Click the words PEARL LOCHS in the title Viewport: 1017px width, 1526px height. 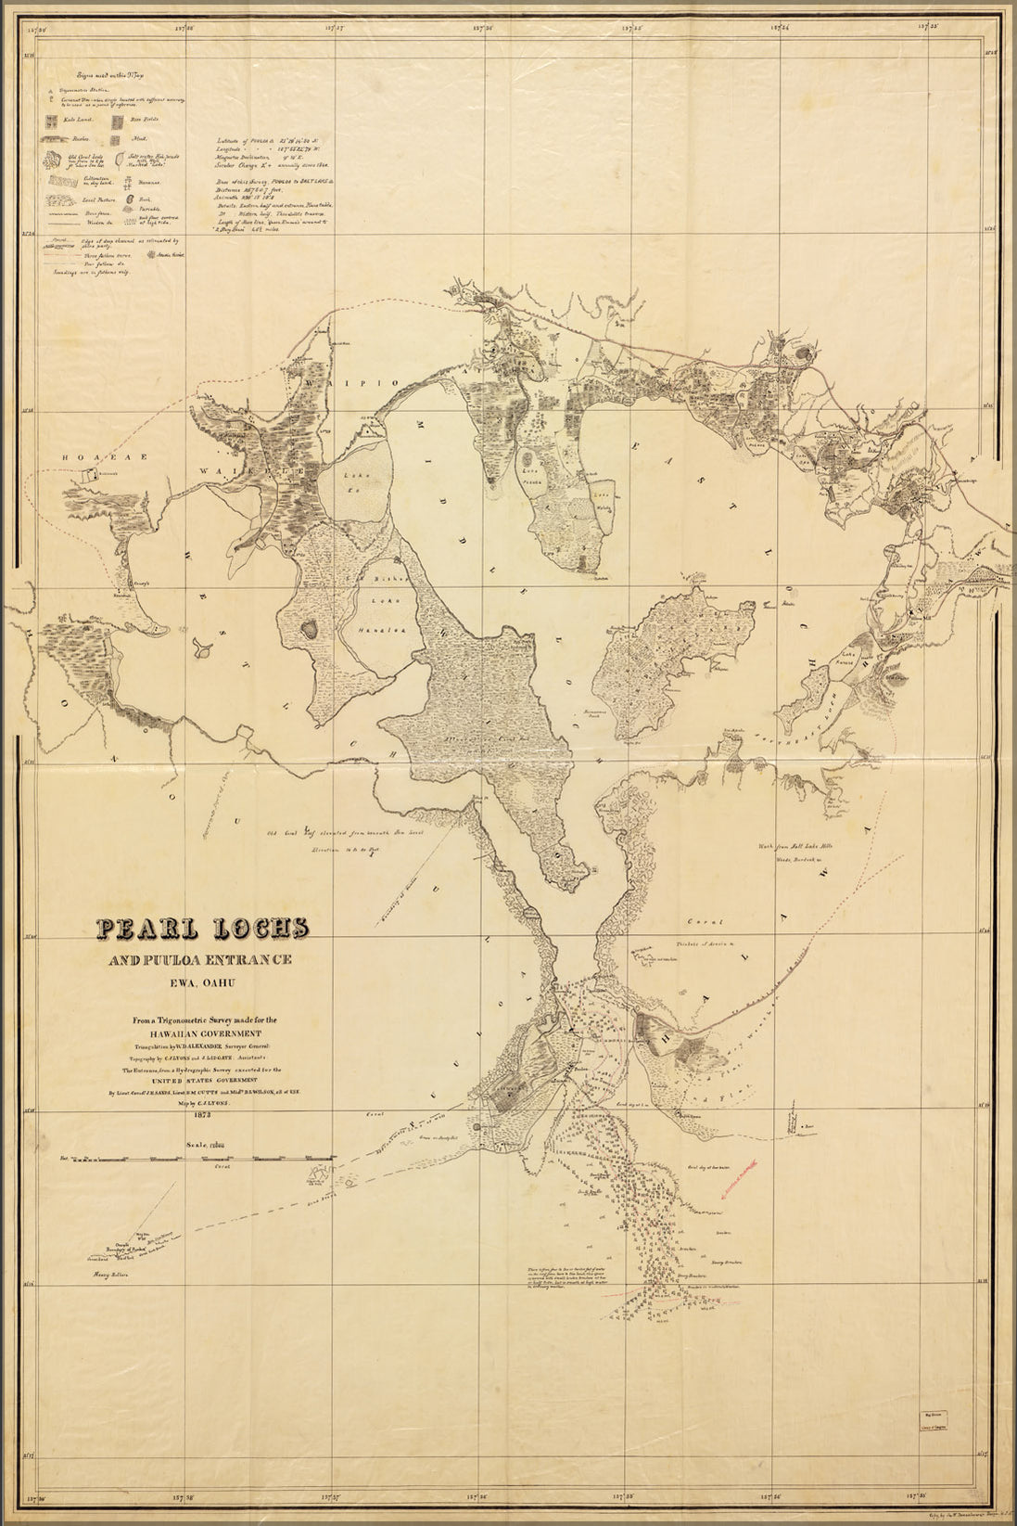[202, 927]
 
